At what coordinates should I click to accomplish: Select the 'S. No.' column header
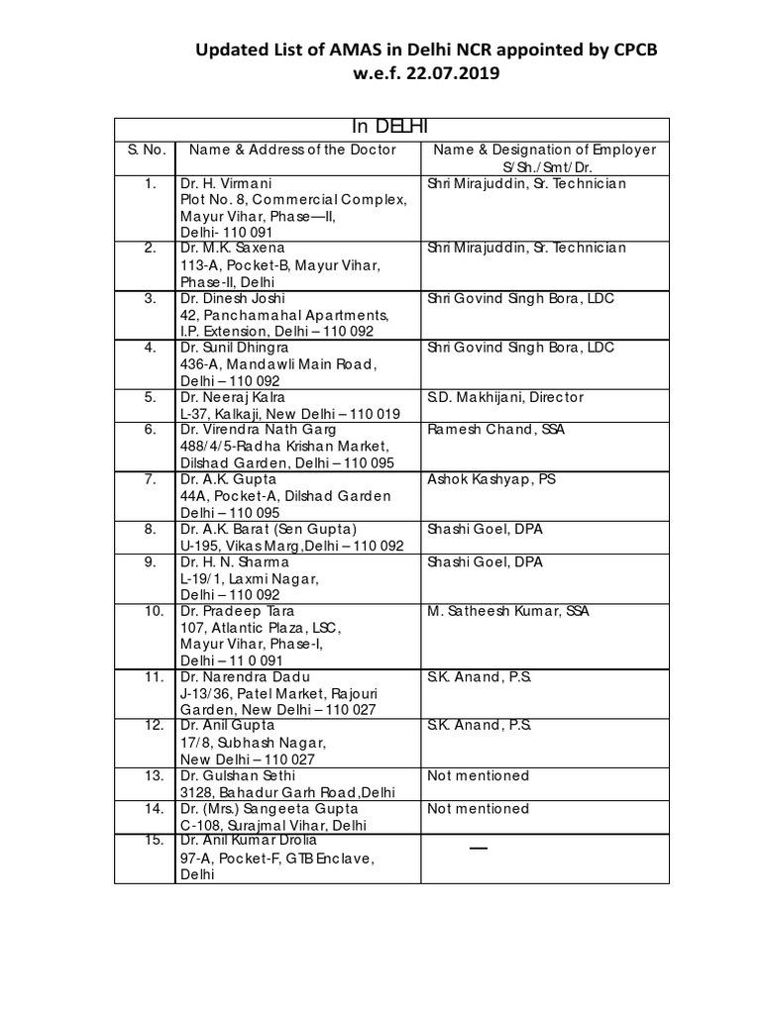coord(145,150)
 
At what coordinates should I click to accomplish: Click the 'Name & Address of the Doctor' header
coord(292,150)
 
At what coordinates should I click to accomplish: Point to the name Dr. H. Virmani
coord(225,183)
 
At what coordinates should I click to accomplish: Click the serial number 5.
coord(151,397)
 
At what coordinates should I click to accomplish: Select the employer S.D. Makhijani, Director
coord(505,397)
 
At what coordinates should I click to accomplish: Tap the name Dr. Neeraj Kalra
coord(232,397)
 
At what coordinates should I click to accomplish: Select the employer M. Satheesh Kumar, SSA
coord(508,611)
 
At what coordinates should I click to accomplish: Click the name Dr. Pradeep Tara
coord(238,611)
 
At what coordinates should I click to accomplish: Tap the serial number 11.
coord(153,677)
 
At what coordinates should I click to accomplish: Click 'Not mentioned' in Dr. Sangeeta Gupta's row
coord(478,808)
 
